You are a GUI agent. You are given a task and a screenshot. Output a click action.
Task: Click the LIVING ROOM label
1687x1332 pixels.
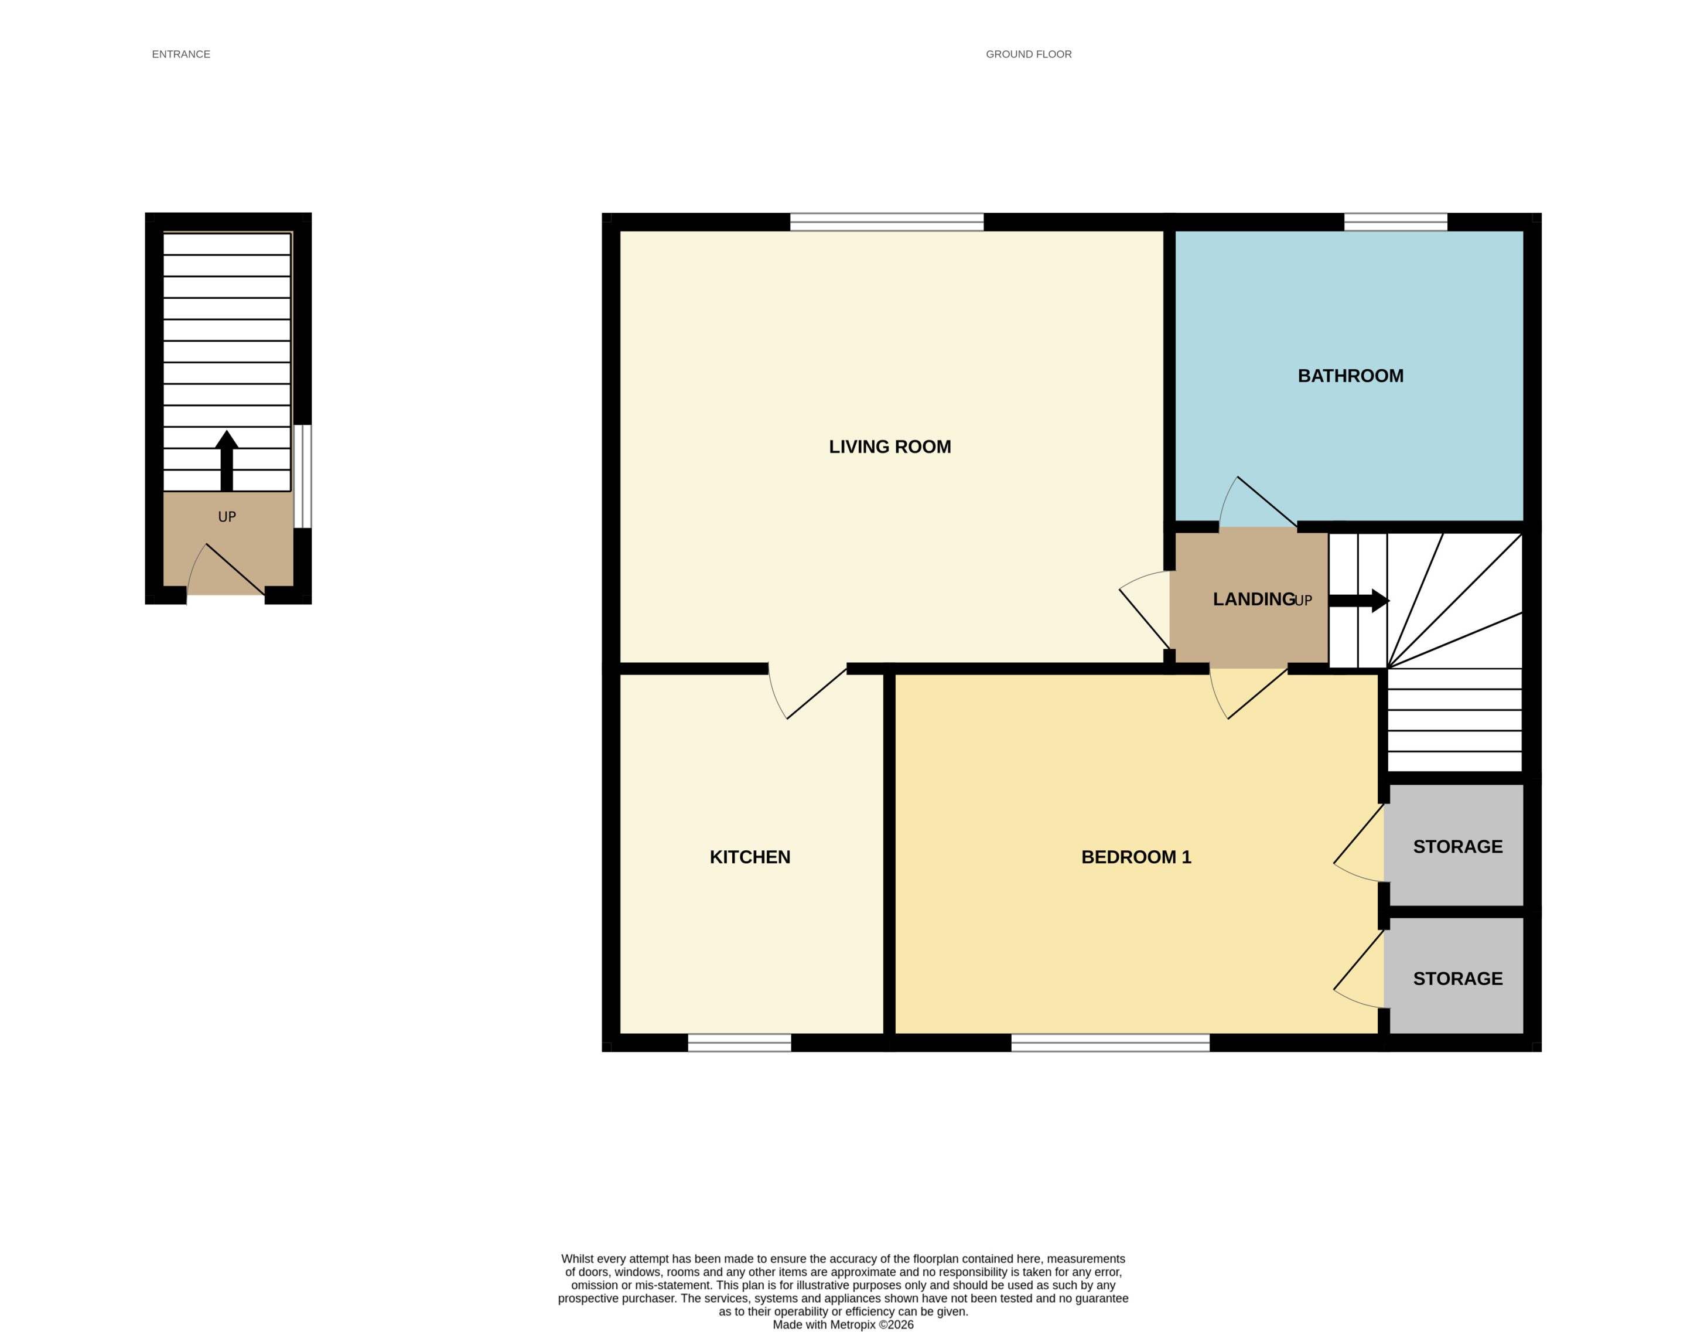tap(890, 447)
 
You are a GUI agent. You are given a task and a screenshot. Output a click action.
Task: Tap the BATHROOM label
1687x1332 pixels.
tap(1350, 376)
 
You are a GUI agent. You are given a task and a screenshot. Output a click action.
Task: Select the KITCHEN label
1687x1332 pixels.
tap(750, 857)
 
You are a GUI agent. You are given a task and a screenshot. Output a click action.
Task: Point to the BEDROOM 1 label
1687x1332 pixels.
tap(1136, 857)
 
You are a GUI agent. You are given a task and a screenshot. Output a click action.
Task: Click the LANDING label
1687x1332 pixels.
tap(1254, 599)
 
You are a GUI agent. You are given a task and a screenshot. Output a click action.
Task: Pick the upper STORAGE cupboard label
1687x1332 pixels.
tap(1458, 846)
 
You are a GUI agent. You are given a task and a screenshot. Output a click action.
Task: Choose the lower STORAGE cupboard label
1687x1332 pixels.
tap(1458, 979)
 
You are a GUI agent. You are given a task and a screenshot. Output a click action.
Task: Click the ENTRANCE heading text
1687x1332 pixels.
tap(181, 54)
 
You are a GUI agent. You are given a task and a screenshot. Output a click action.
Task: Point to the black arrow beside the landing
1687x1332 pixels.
tap(1359, 601)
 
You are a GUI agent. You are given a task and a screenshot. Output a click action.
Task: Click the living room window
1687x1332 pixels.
tap(887, 222)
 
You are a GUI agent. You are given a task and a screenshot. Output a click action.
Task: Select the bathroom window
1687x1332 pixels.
tap(1395, 222)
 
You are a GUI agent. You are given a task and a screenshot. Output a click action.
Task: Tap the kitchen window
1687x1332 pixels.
tap(739, 1043)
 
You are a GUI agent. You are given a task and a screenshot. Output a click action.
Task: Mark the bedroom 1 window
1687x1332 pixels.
tap(1110, 1043)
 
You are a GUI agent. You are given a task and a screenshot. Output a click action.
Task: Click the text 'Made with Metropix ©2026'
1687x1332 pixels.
tap(843, 1324)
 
